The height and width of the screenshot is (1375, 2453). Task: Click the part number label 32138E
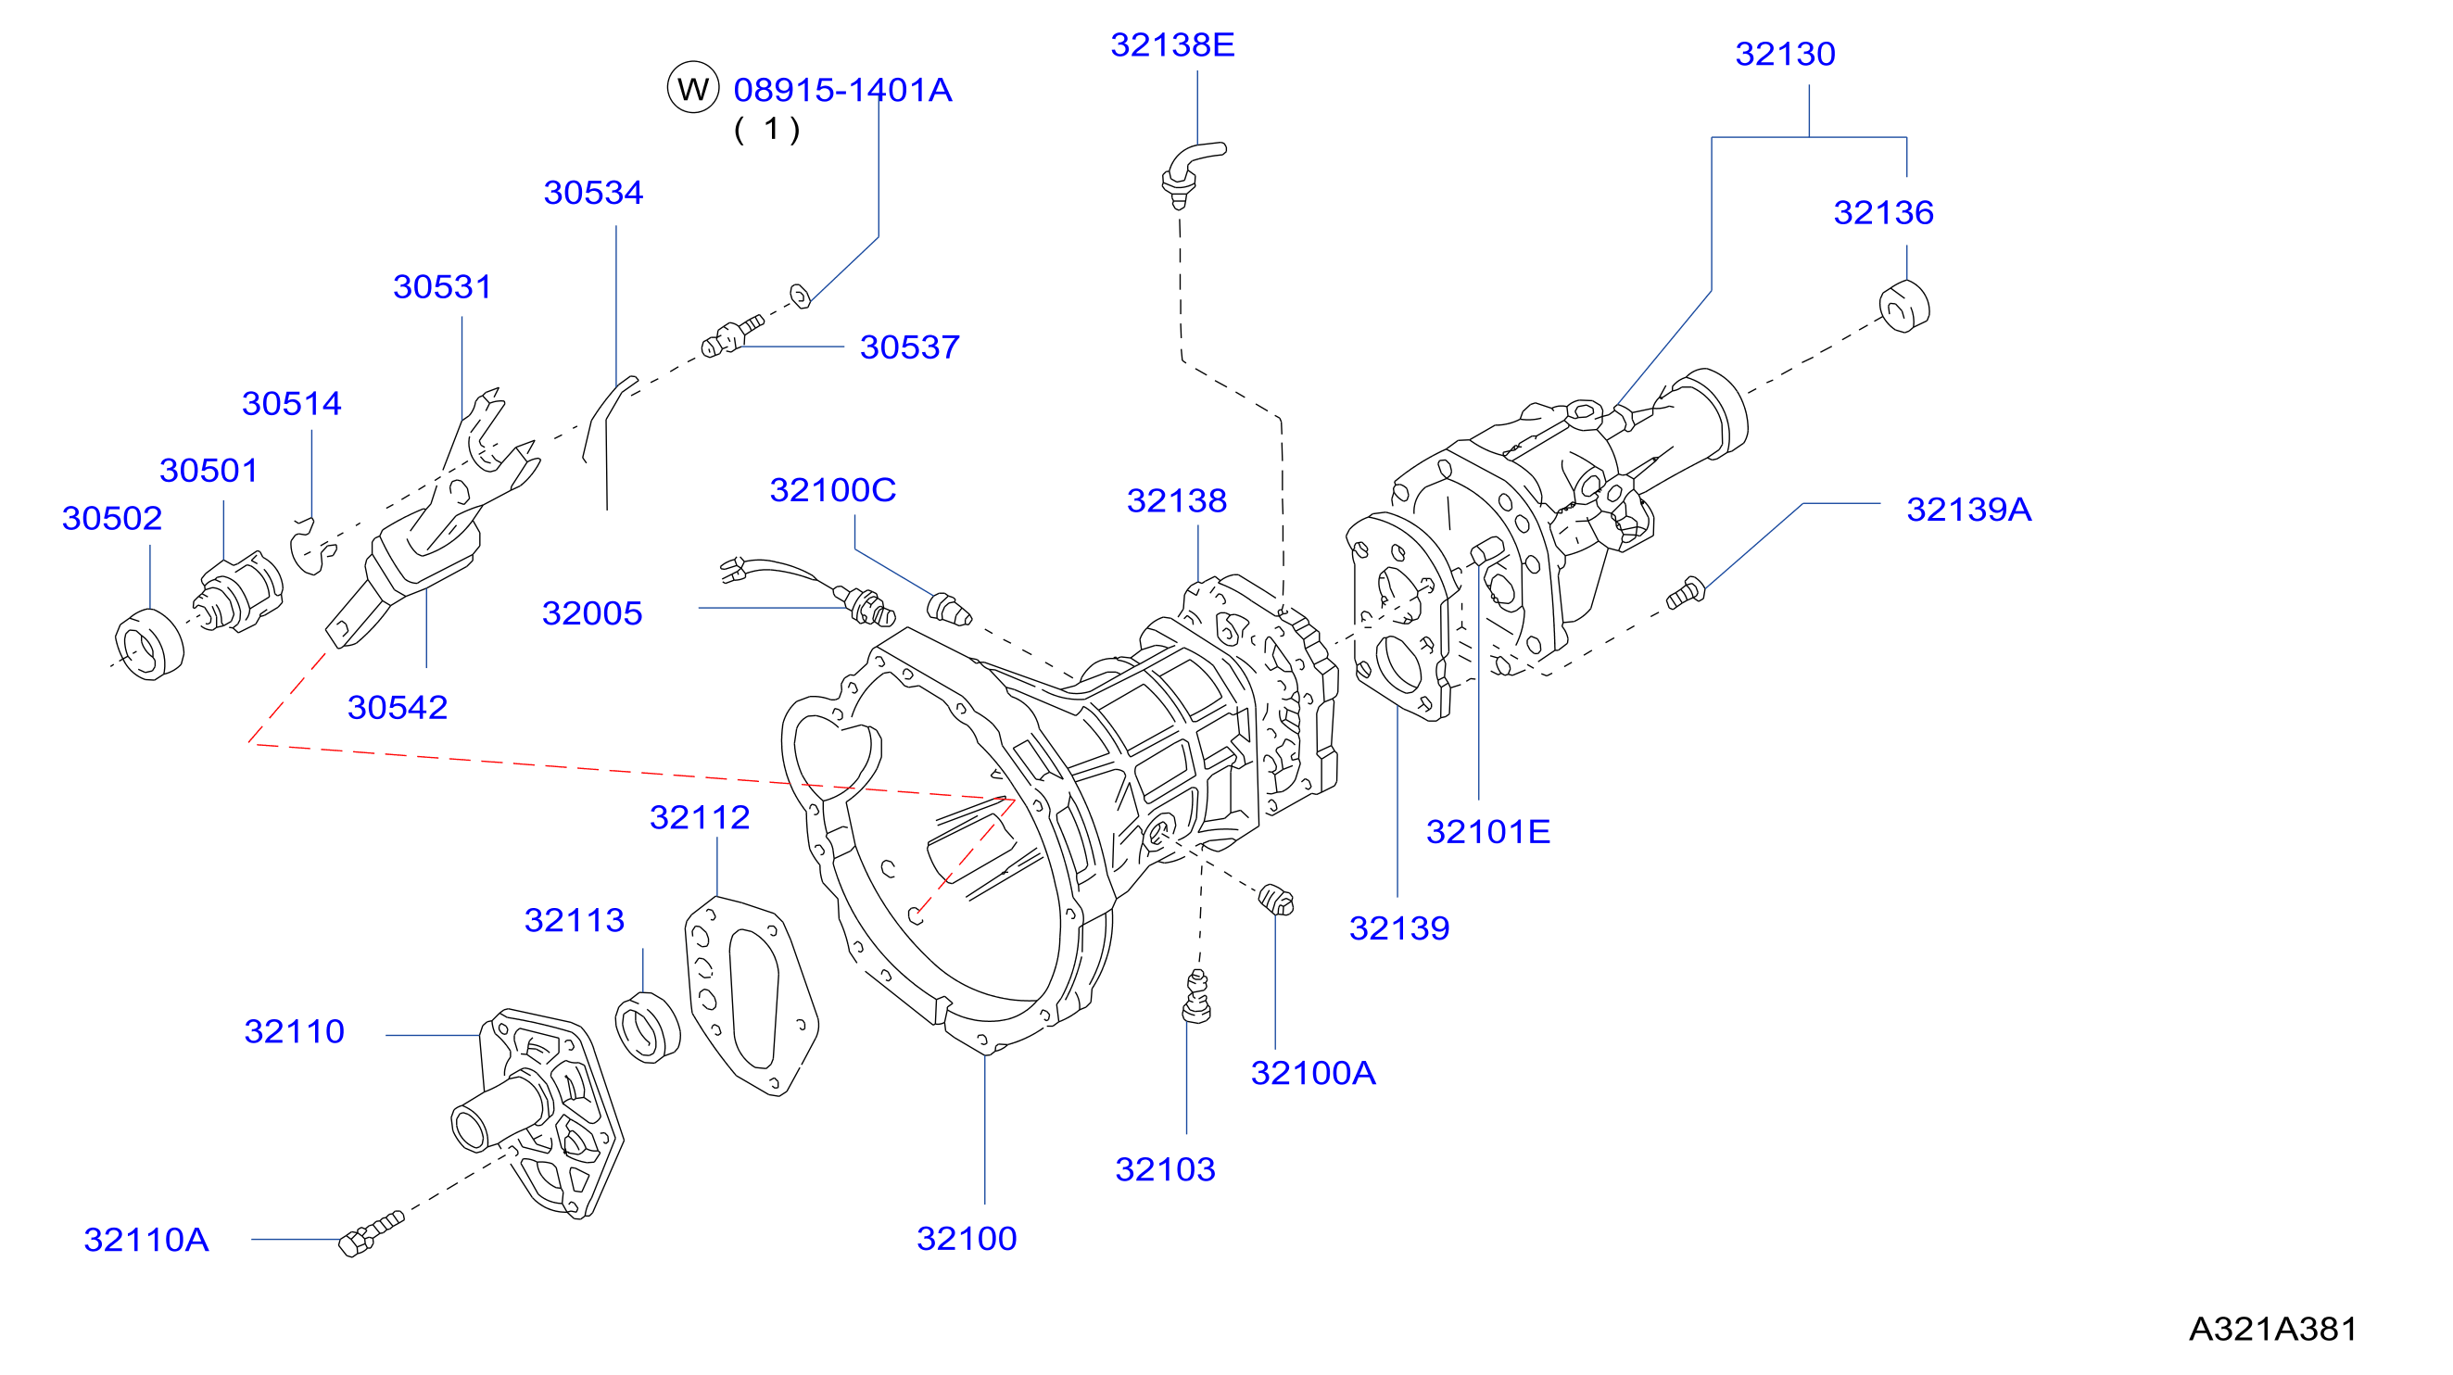pos(1172,44)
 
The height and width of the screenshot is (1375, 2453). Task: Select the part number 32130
pos(1785,55)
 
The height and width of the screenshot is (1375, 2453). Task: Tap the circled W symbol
pos(692,89)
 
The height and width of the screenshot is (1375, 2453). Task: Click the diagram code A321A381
pos(2273,1329)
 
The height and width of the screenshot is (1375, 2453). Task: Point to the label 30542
pos(397,708)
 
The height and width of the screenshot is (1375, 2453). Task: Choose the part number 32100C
pos(832,490)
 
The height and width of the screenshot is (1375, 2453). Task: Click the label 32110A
pos(145,1240)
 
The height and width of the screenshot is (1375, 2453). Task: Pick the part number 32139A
pos(1968,510)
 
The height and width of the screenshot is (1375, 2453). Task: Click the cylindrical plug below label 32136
pos(1903,307)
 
